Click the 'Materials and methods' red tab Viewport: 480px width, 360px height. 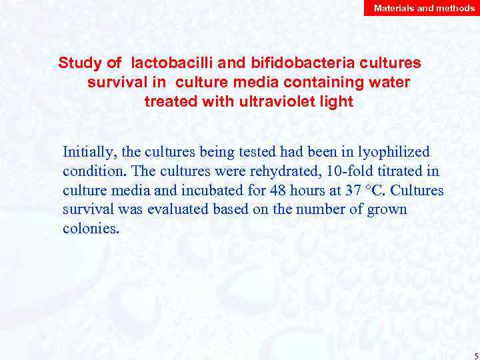[x=424, y=8]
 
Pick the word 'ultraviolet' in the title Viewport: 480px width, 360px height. [x=273, y=103]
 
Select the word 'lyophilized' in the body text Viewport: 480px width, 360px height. [x=396, y=152]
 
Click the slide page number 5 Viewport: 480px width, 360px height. [x=475, y=355]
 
